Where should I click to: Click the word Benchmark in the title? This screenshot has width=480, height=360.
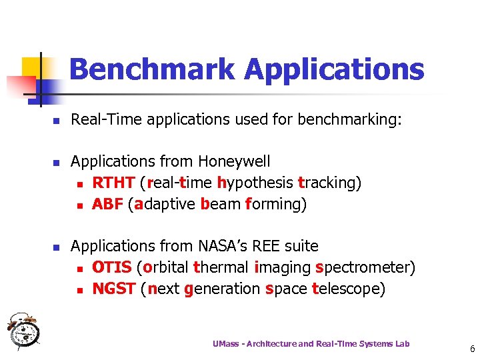pyautogui.click(x=151, y=69)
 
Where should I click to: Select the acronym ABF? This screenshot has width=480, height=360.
pyautogui.click(x=107, y=204)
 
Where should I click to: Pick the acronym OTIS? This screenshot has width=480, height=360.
pyautogui.click(x=111, y=267)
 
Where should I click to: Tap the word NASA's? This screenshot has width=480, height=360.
pyautogui.click(x=225, y=246)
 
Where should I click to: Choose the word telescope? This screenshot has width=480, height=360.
pyautogui.click(x=345, y=289)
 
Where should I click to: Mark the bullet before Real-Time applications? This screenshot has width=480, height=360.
pyautogui.click(x=57, y=121)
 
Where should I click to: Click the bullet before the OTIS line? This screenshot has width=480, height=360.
pyautogui.click(x=79, y=269)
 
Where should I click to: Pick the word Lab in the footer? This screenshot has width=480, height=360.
pyautogui.click(x=403, y=343)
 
